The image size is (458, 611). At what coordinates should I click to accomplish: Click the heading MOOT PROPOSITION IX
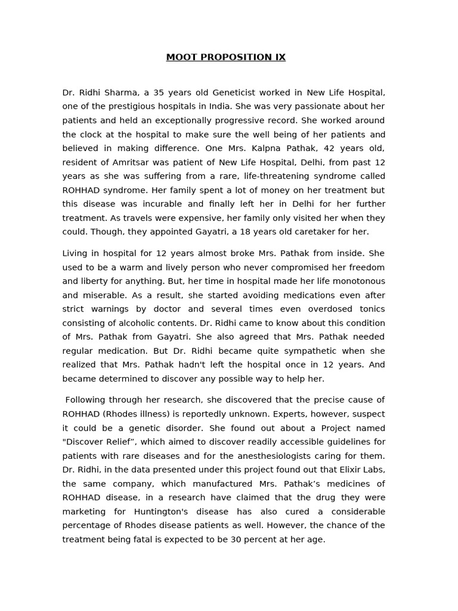coord(225,57)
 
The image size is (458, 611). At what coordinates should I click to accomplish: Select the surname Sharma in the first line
coord(121,92)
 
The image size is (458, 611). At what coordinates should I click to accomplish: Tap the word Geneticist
coord(229,92)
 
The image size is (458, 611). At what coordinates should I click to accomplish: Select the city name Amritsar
coord(127,162)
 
